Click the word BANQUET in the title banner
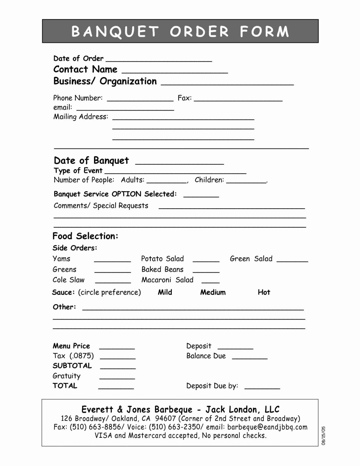click(x=115, y=32)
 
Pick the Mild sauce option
click(x=165, y=292)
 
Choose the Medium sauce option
click(x=213, y=292)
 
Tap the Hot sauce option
click(x=264, y=292)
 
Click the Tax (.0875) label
click(x=73, y=356)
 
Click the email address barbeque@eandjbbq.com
click(x=267, y=427)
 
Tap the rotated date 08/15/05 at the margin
click(x=323, y=435)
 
